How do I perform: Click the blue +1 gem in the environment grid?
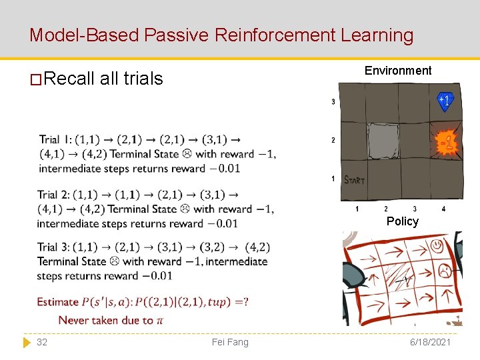(x=445, y=101)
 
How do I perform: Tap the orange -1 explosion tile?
(x=446, y=142)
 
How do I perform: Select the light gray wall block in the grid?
(x=383, y=140)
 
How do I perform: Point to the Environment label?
(x=398, y=71)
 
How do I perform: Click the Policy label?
(x=402, y=221)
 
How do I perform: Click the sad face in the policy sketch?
(x=443, y=270)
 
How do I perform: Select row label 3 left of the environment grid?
(x=333, y=102)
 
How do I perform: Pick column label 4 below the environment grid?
(x=443, y=209)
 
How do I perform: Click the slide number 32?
(x=42, y=342)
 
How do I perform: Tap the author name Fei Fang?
(x=229, y=342)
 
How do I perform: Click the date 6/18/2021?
(x=431, y=342)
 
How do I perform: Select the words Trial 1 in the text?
(x=55, y=139)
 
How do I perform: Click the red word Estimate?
(x=58, y=302)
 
